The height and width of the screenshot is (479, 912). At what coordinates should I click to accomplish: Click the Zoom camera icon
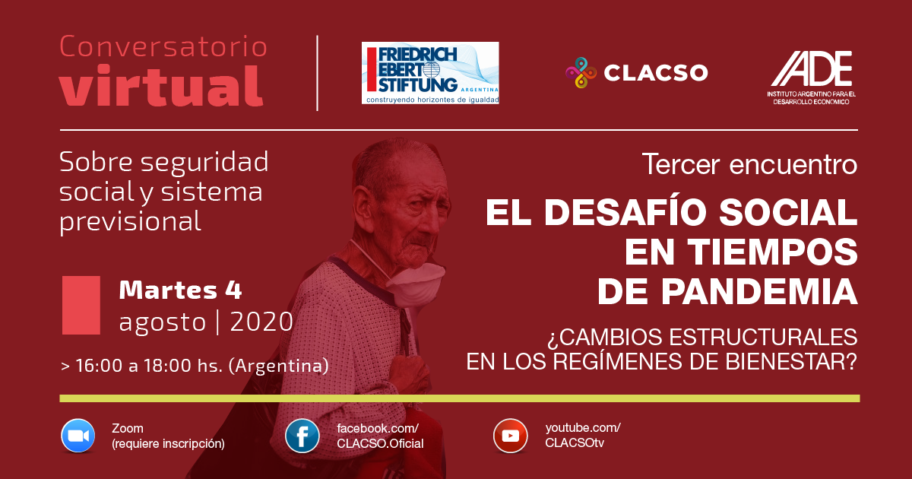click(78, 436)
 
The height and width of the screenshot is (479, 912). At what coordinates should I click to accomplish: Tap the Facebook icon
click(302, 436)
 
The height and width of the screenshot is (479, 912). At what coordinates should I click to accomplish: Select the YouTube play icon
click(511, 436)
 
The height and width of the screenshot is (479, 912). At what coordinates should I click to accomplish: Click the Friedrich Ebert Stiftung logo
click(430, 73)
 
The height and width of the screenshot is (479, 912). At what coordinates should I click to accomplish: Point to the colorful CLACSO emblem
click(581, 72)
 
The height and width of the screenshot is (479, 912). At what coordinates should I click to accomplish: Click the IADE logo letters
click(812, 68)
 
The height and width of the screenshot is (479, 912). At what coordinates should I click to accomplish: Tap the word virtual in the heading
click(161, 86)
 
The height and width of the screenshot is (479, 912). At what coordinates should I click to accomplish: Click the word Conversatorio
click(163, 46)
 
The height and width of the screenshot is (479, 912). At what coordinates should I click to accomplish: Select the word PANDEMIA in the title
click(727, 291)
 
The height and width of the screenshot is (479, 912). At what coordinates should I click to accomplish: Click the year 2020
click(261, 322)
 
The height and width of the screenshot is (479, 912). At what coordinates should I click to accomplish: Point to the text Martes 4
click(180, 290)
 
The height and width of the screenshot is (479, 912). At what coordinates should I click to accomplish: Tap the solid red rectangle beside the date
click(81, 305)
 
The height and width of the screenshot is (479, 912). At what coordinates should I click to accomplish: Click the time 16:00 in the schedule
click(99, 366)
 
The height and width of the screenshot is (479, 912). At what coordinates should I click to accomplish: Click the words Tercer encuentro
click(749, 163)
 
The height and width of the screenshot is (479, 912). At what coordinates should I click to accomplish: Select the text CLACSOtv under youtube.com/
click(575, 443)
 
